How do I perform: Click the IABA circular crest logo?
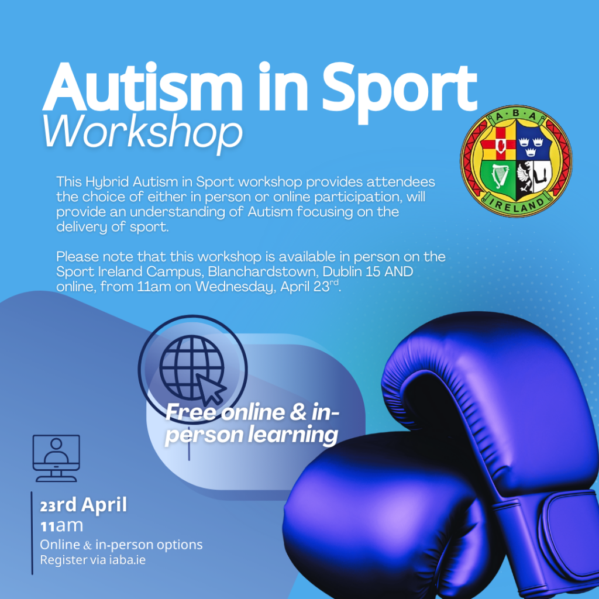[516, 161]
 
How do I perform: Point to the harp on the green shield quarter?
[498, 177]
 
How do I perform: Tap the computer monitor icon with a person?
[56, 458]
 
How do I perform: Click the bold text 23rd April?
[83, 505]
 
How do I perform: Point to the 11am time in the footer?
[61, 526]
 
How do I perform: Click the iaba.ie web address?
[127, 560]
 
